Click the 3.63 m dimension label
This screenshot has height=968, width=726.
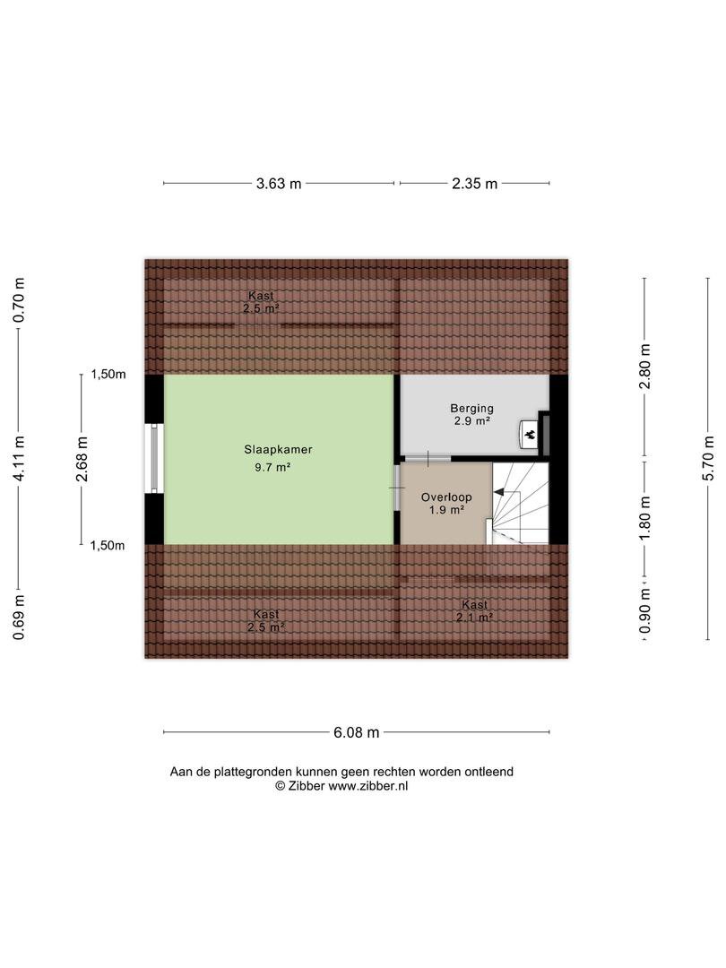(x=279, y=184)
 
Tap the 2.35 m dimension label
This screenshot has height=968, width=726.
(x=474, y=184)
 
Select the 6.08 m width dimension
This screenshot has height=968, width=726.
(x=356, y=733)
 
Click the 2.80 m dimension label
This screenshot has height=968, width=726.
(x=645, y=367)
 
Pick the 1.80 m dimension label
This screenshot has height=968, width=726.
(x=645, y=517)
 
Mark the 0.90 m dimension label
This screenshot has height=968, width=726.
(x=645, y=610)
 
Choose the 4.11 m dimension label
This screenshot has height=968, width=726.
(x=19, y=458)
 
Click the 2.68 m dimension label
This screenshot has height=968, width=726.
(x=82, y=458)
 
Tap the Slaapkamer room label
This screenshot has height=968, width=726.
(x=278, y=450)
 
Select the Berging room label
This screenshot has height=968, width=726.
(x=471, y=408)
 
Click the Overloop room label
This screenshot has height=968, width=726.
(x=446, y=497)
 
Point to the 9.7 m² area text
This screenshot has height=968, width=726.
(x=272, y=467)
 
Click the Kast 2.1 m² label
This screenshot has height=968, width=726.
(x=474, y=611)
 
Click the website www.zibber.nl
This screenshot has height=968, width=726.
(x=368, y=787)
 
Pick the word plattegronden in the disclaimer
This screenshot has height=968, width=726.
(x=253, y=773)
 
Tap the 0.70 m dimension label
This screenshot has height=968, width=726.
(x=19, y=300)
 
